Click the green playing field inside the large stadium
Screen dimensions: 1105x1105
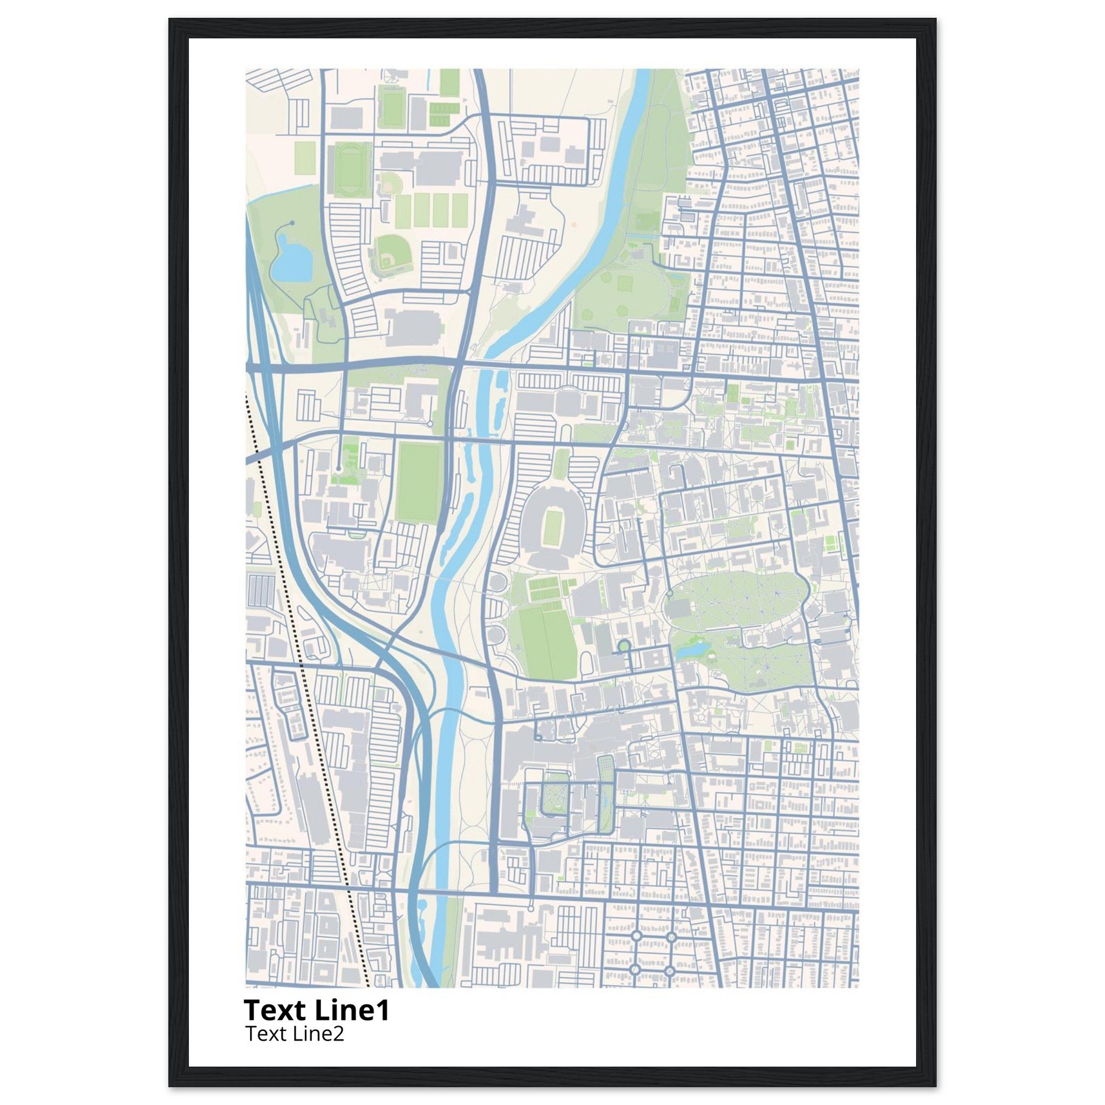(552, 527)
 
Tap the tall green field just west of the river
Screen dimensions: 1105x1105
(420, 482)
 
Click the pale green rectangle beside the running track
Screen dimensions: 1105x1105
(304, 158)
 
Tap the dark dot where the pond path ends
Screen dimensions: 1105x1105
(292, 222)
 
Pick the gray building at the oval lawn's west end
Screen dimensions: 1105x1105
(679, 608)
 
